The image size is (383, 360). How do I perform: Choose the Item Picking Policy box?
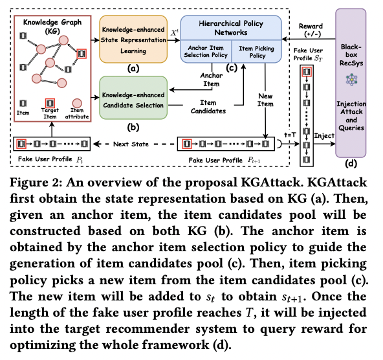click(254, 52)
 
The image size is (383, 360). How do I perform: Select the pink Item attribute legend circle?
click(77, 103)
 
